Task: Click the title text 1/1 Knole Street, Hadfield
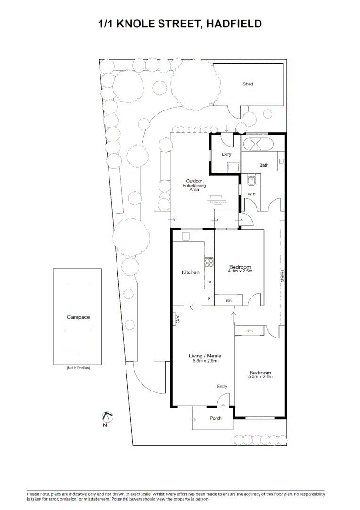(x=180, y=24)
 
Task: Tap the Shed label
(x=248, y=84)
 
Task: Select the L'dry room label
(x=226, y=154)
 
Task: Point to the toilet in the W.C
(x=251, y=179)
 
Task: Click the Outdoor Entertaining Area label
(x=194, y=185)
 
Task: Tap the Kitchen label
(x=191, y=272)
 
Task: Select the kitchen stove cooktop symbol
(x=209, y=262)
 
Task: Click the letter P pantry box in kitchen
(x=209, y=283)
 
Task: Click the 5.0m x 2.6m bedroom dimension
(x=260, y=377)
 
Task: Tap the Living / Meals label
(x=204, y=356)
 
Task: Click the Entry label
(x=222, y=386)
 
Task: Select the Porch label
(x=216, y=418)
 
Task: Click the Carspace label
(x=78, y=317)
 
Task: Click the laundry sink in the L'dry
(x=233, y=166)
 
